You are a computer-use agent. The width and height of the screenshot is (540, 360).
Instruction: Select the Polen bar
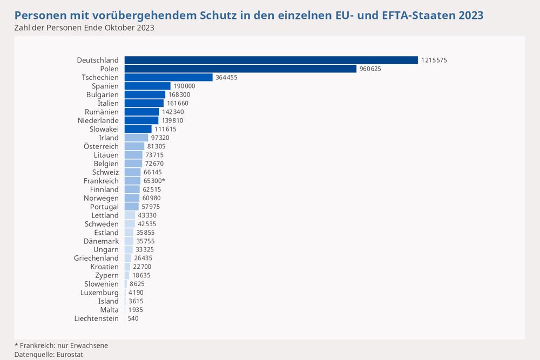240,69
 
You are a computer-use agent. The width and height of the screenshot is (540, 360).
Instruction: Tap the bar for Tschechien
168,77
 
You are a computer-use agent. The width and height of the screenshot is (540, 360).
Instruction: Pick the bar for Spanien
147,86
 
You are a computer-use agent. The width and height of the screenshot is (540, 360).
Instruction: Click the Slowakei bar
138,129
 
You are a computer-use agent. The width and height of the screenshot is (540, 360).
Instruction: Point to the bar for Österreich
134,146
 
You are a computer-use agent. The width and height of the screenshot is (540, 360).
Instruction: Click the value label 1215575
434,60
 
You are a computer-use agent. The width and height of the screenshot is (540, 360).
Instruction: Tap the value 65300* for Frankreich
154,181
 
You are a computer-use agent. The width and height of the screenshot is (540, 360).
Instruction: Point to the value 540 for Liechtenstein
133,318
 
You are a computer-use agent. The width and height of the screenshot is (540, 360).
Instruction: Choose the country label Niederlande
98,120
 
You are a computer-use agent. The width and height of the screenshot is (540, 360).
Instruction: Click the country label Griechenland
96,258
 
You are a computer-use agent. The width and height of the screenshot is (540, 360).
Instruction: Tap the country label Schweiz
105,172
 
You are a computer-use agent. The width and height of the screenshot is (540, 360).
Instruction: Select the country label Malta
109,310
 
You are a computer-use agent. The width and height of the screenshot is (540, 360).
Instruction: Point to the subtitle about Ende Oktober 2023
84,28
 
